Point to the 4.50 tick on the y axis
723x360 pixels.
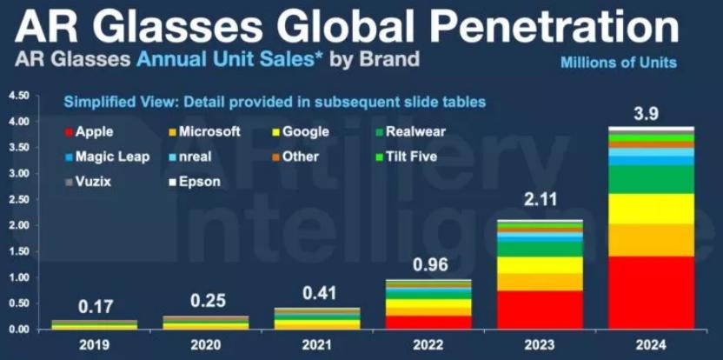[x=18, y=96]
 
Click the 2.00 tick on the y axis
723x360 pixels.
[x=18, y=225]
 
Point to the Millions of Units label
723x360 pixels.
[x=618, y=63]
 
